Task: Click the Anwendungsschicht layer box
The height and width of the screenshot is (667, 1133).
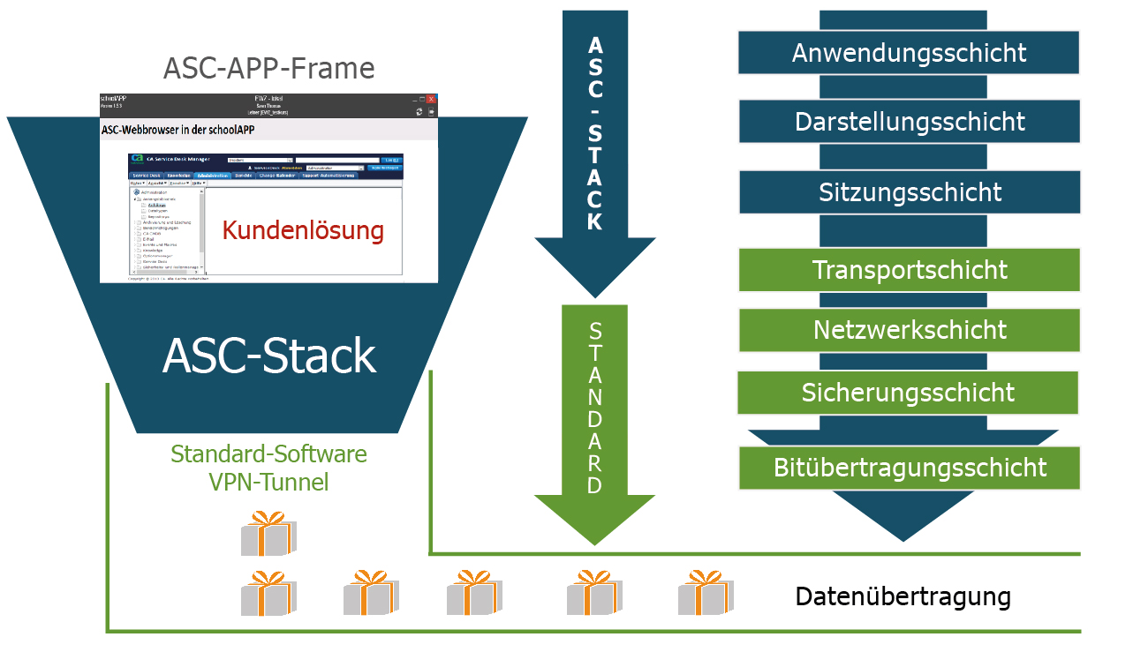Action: coord(909,53)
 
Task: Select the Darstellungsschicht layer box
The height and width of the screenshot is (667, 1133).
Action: coord(909,121)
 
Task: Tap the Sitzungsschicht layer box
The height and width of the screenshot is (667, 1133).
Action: coord(909,192)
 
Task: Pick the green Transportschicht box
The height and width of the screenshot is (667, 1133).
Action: coord(909,270)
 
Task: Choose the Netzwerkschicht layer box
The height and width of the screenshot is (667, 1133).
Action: coord(909,330)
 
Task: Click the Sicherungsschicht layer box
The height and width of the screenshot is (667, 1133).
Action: coord(908,393)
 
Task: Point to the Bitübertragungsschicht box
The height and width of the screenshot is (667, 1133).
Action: coord(909,468)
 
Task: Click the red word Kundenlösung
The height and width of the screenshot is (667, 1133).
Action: coord(303,231)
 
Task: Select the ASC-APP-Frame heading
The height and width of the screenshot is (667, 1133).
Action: coord(268,68)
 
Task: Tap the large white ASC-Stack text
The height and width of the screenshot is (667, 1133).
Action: coord(268,356)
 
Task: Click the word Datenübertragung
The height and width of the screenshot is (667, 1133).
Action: coord(903,596)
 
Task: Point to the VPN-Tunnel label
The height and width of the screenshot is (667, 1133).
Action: coord(268,483)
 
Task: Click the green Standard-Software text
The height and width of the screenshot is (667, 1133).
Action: coord(268,455)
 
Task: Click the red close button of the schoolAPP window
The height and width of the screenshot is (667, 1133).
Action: coord(431,100)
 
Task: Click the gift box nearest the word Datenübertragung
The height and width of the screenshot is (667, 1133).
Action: coord(706,593)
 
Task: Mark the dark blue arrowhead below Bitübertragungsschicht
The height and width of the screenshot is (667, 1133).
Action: coord(903,515)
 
